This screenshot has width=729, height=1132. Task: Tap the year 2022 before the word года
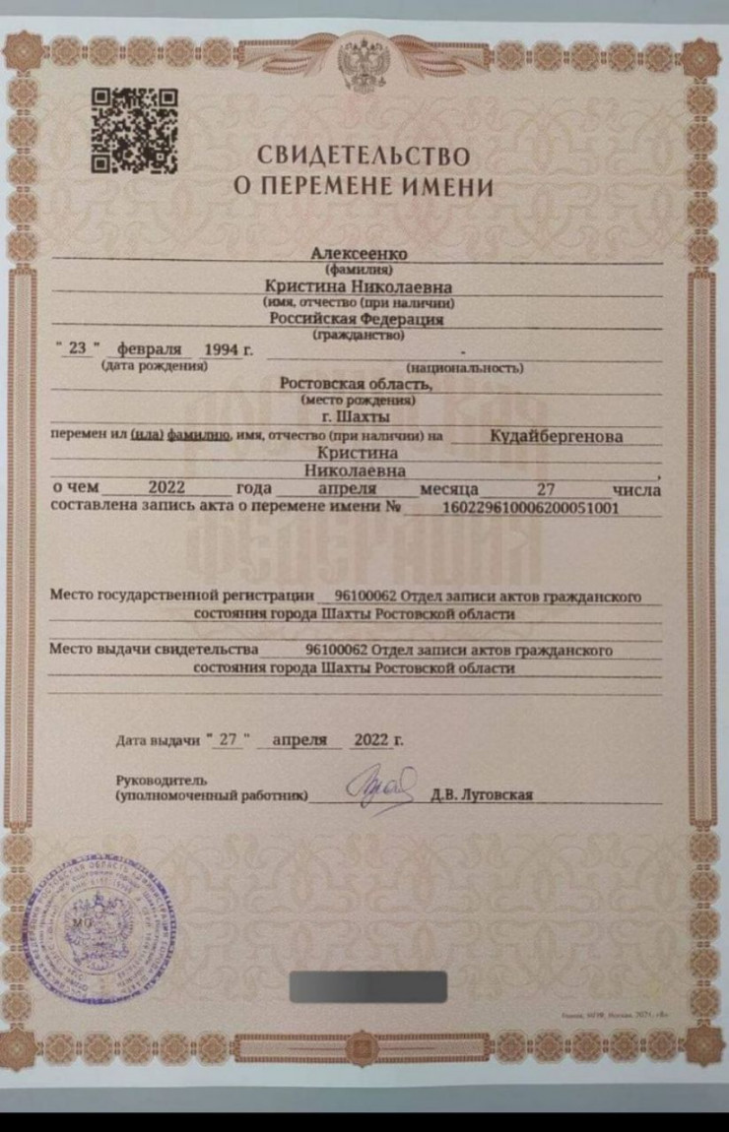(x=166, y=489)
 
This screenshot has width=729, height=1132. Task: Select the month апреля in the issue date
(x=299, y=740)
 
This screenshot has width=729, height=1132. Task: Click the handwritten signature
(x=379, y=787)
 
